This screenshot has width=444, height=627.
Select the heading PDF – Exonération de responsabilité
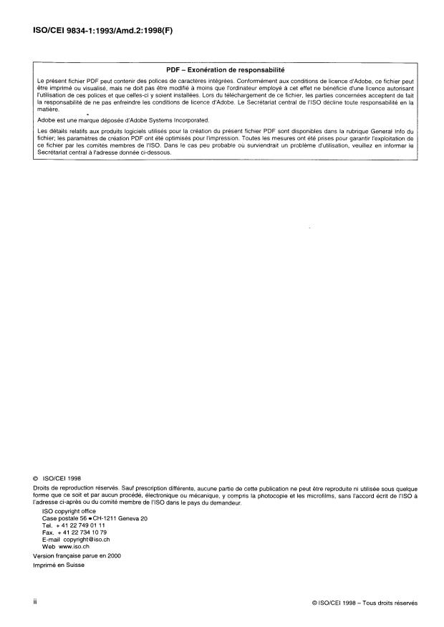point(225,70)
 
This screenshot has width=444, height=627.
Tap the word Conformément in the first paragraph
point(265,82)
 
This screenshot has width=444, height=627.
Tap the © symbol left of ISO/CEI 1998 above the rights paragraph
point(37,476)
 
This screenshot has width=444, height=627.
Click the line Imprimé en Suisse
point(59,565)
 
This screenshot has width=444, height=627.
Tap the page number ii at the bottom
point(35,603)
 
